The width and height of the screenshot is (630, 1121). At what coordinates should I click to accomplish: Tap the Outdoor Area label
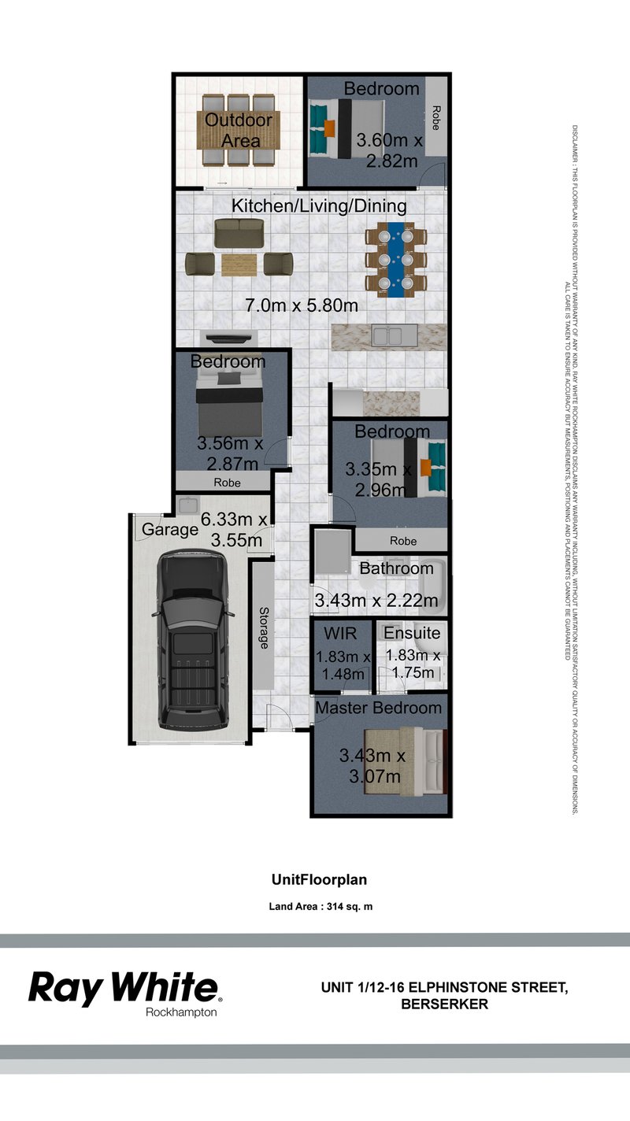239,131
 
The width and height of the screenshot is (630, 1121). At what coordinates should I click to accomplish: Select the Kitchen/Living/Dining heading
319,206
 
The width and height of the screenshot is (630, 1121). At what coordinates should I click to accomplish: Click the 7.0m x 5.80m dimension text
302,305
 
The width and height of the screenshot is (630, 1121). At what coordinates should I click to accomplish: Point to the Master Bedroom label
379,708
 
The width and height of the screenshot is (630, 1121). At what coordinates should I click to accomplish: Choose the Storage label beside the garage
263,627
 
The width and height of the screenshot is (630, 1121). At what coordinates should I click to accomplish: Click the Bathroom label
397,568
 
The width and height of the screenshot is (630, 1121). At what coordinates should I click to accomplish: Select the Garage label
169,530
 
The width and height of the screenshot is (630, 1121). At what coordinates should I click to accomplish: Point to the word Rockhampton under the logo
181,1012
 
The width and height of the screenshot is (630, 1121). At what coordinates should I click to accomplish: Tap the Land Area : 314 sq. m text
321,906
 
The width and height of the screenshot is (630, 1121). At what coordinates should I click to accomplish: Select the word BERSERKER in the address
444,1004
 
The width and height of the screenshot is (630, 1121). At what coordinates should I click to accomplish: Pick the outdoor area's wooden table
239,131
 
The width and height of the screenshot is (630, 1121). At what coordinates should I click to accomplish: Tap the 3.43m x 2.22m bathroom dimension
376,601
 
